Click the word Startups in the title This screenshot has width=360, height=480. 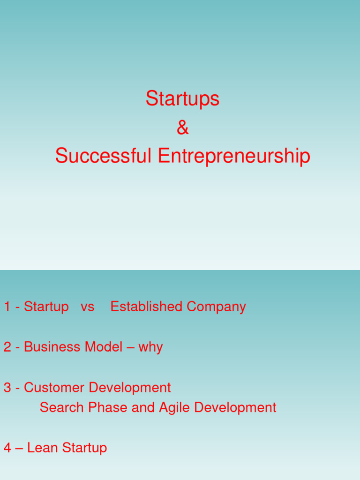(x=182, y=99)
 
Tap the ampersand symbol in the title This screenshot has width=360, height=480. (x=182, y=127)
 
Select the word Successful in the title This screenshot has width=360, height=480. (x=103, y=156)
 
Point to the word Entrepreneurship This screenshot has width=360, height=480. (x=234, y=157)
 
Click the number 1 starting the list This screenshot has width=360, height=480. (x=7, y=307)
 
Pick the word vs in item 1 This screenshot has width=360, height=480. (x=87, y=307)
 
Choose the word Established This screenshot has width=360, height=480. (x=146, y=307)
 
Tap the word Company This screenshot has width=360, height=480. (x=216, y=307)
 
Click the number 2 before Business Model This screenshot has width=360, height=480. (x=7, y=347)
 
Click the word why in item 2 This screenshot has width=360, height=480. (x=150, y=348)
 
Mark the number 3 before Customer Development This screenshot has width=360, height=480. (x=7, y=388)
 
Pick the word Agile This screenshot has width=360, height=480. (x=174, y=408)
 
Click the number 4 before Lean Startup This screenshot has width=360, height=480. (x=7, y=448)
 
